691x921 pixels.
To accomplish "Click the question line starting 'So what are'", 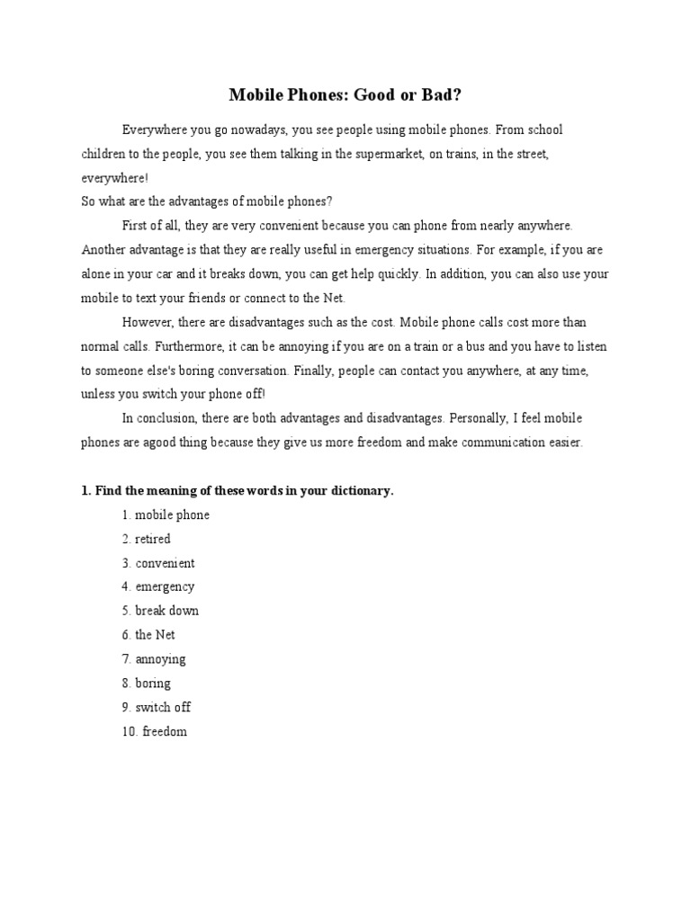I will click(207, 201).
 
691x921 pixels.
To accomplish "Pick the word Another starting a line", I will click(103, 249).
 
